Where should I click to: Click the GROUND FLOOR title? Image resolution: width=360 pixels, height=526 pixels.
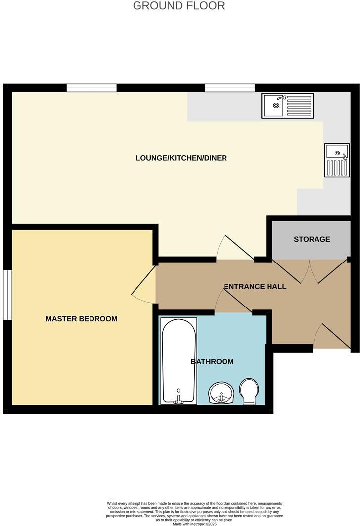179,6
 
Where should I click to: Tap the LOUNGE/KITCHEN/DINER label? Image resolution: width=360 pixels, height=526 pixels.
181,158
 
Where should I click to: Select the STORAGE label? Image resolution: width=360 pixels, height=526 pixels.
312,239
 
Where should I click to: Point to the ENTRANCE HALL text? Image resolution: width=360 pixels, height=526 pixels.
255,286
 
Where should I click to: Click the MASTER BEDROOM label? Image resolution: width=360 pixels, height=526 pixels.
82,319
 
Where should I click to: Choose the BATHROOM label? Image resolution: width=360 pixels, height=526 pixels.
212,362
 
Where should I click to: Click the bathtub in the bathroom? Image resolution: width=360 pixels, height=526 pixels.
179,358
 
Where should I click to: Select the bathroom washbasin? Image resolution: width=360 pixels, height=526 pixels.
221,393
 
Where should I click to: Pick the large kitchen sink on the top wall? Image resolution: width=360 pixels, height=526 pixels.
288,106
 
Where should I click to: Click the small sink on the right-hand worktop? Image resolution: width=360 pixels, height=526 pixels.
337,160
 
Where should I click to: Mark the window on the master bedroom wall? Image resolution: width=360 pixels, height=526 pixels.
7,295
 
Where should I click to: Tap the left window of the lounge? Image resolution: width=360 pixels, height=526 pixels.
91,88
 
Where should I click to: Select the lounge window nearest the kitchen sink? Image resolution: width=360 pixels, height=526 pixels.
230,88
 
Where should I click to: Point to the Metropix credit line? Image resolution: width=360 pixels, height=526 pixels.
195,524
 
